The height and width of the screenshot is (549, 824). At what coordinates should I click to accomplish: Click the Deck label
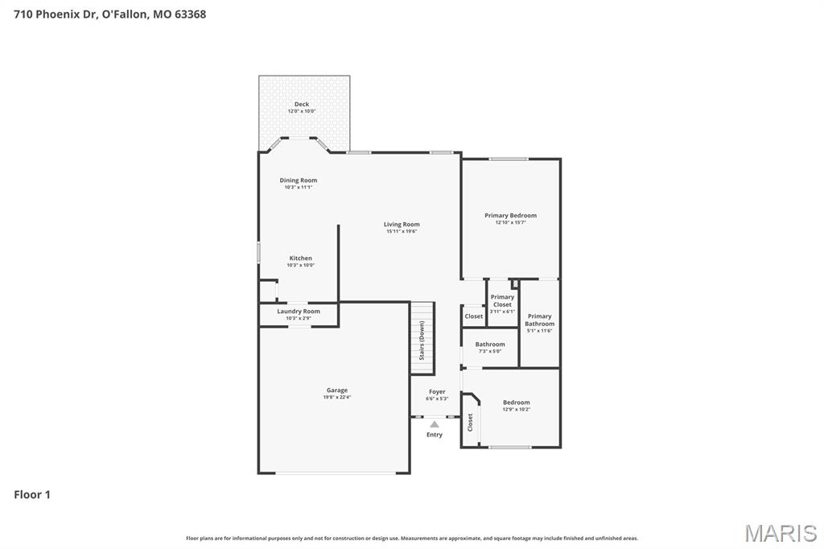pos(302,105)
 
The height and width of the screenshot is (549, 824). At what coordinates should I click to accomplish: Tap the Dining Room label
pos(299,180)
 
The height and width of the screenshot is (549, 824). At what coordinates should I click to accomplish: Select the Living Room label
pos(402,225)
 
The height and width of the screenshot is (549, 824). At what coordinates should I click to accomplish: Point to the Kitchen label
pos(301,258)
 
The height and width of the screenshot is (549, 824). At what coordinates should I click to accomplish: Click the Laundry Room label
pos(299,312)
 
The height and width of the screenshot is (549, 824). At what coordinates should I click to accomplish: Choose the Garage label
pos(337,390)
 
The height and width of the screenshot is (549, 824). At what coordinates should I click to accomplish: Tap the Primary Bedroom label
pos(510,216)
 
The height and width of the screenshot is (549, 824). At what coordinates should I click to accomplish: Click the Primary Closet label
pos(502,301)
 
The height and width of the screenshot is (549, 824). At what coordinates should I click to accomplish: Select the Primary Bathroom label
pos(540,320)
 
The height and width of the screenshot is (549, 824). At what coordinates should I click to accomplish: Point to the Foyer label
pos(437,392)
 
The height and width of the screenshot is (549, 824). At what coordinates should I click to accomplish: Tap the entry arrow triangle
pos(435,423)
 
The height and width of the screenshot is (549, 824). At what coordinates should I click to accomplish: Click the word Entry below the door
pos(435,435)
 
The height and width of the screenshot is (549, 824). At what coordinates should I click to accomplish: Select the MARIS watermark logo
pos(781,533)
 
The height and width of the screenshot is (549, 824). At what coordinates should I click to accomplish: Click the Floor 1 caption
pos(32,495)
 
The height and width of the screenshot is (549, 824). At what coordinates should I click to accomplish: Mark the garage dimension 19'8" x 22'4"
pos(337,397)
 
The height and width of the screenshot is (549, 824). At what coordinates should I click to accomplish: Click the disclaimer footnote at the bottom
pos(412,538)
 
